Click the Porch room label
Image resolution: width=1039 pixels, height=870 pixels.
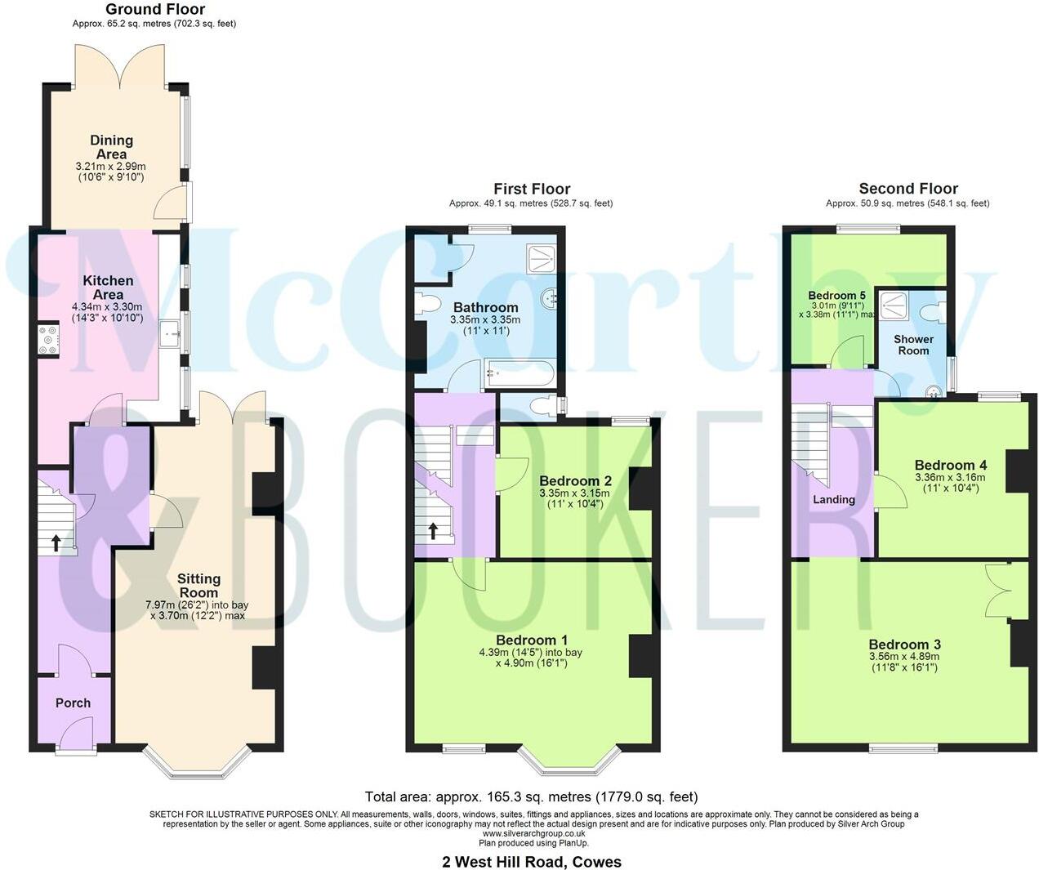pyautogui.click(x=73, y=703)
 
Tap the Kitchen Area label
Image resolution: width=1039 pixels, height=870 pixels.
pyautogui.click(x=109, y=288)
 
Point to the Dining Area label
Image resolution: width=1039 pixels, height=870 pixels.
pyautogui.click(x=111, y=147)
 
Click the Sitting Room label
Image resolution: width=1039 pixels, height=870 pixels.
pyautogui.click(x=198, y=586)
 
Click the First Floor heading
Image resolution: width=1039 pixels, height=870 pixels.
pyautogui.click(x=532, y=189)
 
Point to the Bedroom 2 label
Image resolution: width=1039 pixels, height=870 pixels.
pyautogui.click(x=575, y=481)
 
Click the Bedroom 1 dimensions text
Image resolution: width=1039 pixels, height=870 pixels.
pyautogui.click(x=531, y=658)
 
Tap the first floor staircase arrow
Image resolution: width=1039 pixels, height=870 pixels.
pyautogui.click(x=433, y=532)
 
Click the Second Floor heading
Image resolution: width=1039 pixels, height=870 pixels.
pyautogui.click(x=908, y=189)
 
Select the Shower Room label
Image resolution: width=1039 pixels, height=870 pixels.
pyautogui.click(x=913, y=344)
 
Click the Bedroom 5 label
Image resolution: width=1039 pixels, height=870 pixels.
pyautogui.click(x=836, y=296)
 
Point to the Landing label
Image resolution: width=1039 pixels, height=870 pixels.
pyautogui.click(x=834, y=499)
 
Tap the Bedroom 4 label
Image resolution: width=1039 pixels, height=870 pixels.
pyautogui.click(x=944, y=465)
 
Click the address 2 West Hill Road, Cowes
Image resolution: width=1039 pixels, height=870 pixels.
pyautogui.click(x=532, y=862)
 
